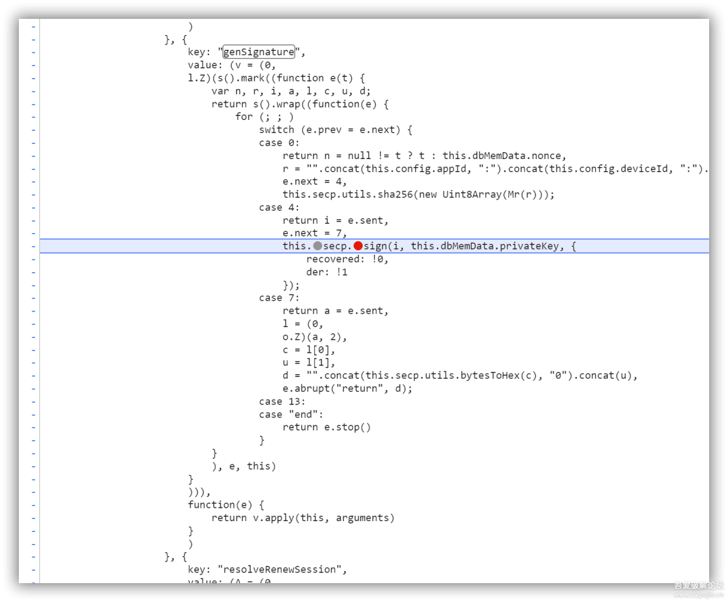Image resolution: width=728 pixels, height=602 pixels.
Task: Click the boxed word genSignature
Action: click(x=259, y=52)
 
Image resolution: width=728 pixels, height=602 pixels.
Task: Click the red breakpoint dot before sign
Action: click(x=358, y=246)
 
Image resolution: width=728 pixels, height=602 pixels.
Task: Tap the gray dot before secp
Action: click(x=317, y=246)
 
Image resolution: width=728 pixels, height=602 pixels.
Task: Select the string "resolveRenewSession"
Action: click(x=282, y=570)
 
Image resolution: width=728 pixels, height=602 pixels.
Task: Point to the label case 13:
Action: click(x=282, y=401)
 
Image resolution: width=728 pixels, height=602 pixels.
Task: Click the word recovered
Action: click(x=333, y=259)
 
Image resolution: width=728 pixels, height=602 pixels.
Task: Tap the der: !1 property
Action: click(x=327, y=272)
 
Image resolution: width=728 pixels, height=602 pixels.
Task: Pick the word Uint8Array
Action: click(x=468, y=194)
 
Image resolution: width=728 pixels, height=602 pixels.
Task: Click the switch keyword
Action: click(x=276, y=129)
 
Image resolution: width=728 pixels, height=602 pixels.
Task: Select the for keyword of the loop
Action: click(x=243, y=117)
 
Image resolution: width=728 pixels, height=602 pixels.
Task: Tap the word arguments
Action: click(x=363, y=518)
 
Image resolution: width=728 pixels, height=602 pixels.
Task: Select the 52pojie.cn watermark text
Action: click(x=698, y=595)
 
